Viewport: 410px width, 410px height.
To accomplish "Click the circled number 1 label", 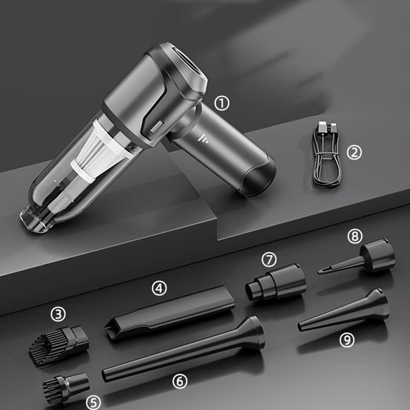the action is point(222,104).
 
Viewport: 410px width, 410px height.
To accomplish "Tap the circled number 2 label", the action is point(354,152).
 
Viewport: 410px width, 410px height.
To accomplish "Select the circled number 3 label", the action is point(58,314).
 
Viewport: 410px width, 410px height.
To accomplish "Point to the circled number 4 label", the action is point(159,289).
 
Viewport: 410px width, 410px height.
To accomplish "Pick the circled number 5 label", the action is point(93,402).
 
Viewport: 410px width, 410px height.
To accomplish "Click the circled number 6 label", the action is point(180,381).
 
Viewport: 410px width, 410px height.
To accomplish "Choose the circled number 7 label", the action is point(269,260).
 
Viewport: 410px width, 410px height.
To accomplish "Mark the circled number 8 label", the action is point(355,236).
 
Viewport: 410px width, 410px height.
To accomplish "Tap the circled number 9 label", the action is point(347,340).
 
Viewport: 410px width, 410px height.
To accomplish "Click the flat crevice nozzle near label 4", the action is point(170,313).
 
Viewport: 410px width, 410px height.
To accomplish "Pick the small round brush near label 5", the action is point(66,387).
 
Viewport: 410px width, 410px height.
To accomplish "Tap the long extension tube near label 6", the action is point(183,349).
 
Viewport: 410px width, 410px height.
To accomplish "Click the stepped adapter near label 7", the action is point(276,282).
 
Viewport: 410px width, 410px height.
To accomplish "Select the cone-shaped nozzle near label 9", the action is point(344,310).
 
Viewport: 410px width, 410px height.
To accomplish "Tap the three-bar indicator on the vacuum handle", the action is point(202,138).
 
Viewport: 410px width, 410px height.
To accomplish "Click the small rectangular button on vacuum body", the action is point(157,127).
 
